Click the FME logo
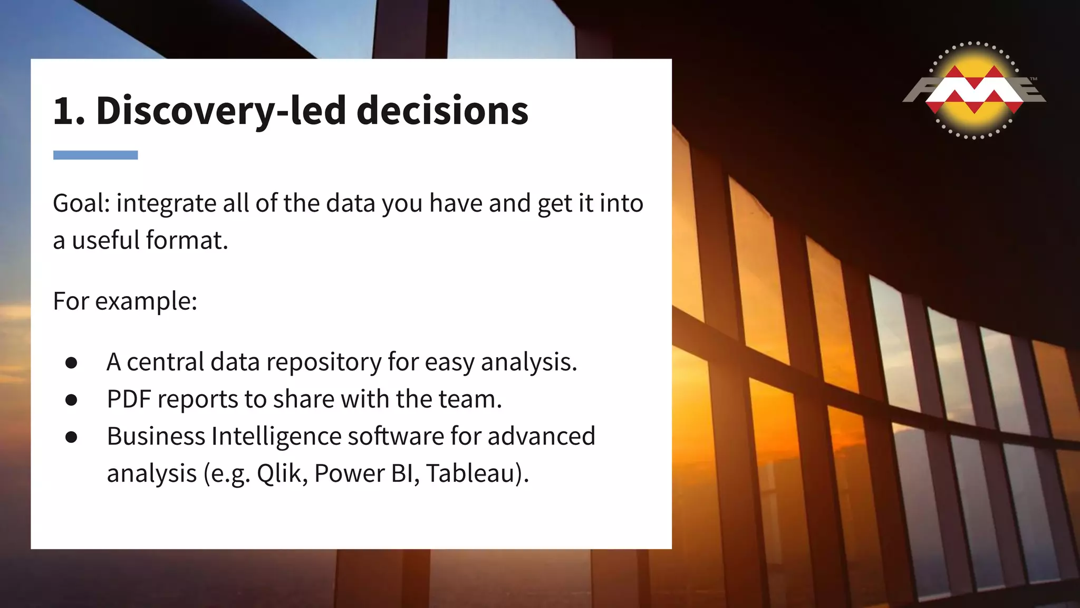coord(975,90)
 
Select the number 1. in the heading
coord(69,111)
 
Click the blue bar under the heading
coord(95,155)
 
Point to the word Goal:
coord(81,203)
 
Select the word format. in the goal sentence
coord(187,240)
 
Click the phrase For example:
coord(125,301)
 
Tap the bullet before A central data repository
coord(72,363)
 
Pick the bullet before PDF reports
coord(72,400)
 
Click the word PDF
coord(129,400)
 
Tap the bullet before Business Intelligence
coord(72,436)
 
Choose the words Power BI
coord(363,473)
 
